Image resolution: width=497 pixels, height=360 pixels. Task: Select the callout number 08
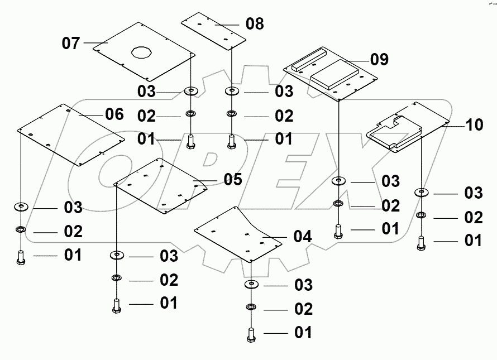coord(255,23)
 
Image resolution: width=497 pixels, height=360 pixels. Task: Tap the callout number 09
coord(379,59)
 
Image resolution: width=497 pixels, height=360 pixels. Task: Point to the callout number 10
coord(474,124)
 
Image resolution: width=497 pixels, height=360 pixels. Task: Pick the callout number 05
coord(233,179)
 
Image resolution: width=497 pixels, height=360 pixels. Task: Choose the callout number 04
coord(302,236)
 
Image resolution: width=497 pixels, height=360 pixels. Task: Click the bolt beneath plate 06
coord(21,257)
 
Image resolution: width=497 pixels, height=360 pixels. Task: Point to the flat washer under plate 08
coord(231,90)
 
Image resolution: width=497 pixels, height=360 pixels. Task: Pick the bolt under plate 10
coord(422,243)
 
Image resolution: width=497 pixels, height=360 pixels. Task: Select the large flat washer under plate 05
coord(116,256)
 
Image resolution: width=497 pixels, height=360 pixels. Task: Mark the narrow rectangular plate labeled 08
coord(214,30)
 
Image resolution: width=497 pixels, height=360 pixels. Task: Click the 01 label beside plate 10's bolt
coord(474,241)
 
